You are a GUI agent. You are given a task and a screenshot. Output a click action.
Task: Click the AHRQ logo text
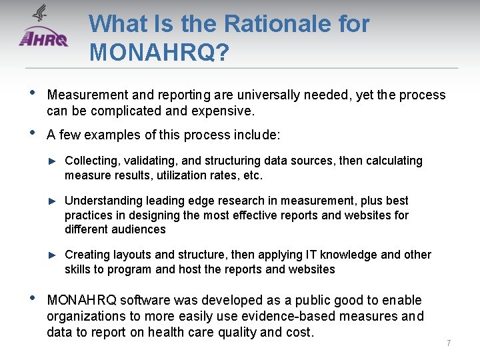44,39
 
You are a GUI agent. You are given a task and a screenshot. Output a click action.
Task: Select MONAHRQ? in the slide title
159,51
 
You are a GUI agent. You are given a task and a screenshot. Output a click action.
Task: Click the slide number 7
449,343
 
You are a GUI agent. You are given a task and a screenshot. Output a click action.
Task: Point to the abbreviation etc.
253,175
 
